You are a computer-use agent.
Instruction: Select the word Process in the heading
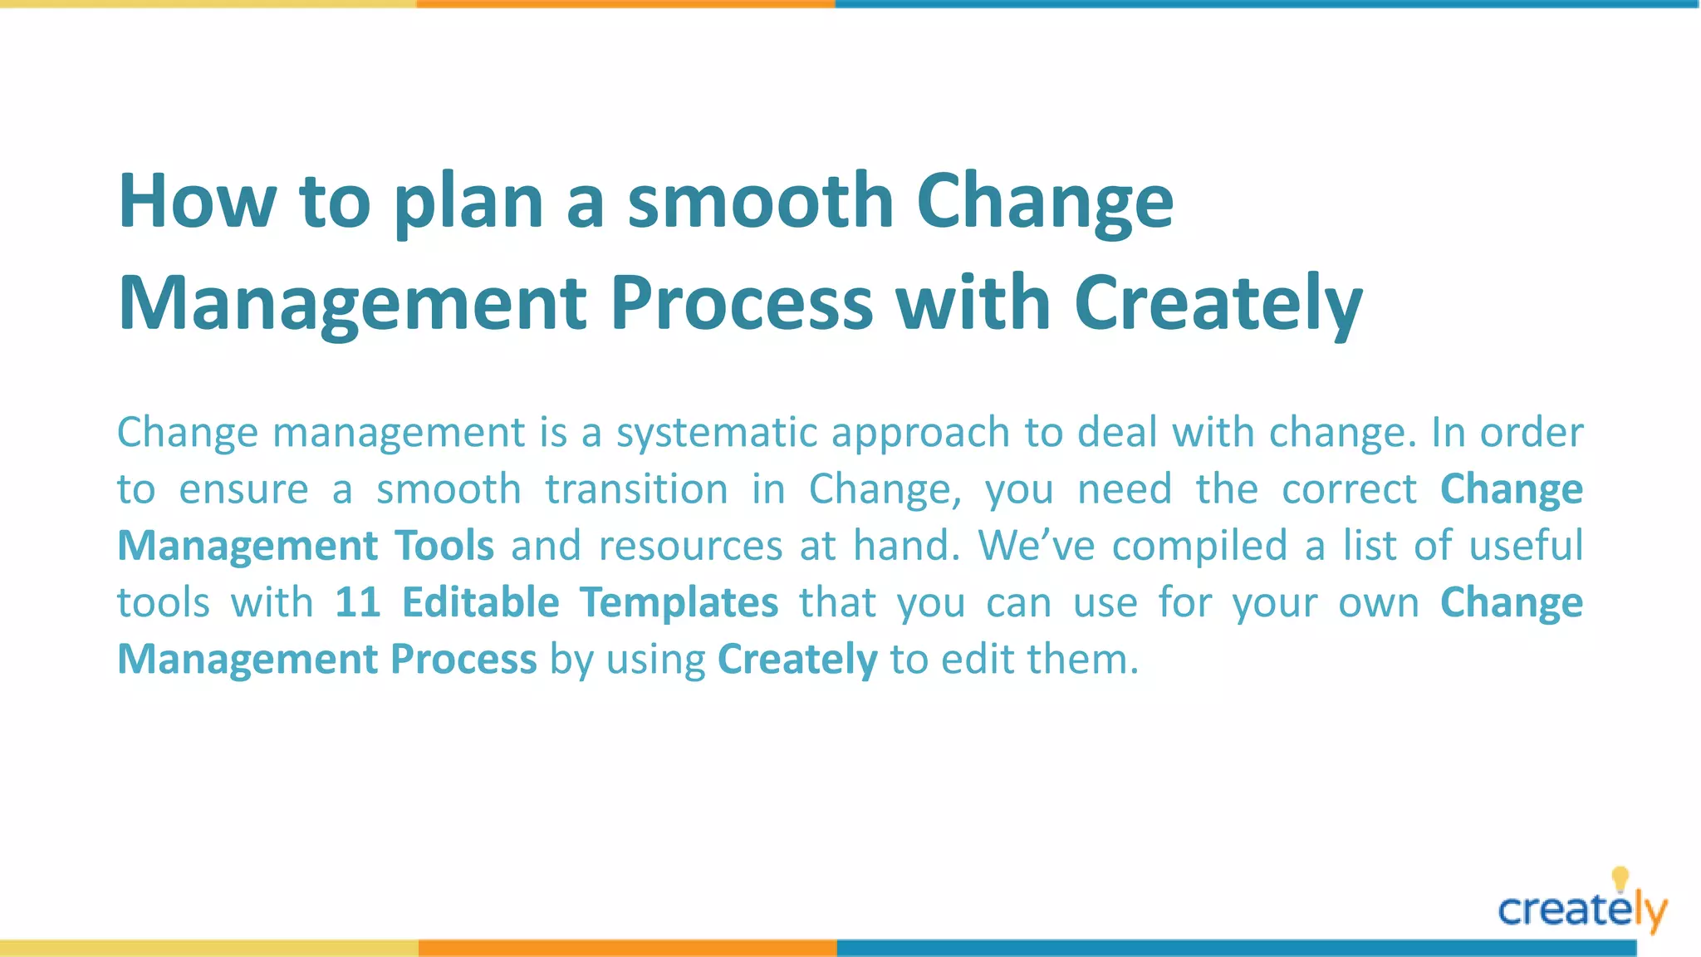coord(741,303)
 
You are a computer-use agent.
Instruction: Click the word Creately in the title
coord(1218,303)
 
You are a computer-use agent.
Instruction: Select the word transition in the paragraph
coord(636,489)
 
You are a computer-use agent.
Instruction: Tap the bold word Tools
coord(444,546)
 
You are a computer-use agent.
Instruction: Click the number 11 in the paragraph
coord(357,602)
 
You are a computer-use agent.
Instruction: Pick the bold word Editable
coord(480,602)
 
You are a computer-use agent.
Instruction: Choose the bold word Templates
coord(679,602)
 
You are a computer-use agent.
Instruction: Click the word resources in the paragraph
coord(690,546)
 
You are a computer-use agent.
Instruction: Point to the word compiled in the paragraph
coord(1199,546)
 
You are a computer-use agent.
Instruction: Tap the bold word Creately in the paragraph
coord(797,660)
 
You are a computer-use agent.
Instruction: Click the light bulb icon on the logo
coord(1620,878)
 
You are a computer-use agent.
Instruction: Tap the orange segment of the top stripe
coord(625,4)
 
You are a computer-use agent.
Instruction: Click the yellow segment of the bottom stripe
coord(208,948)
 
